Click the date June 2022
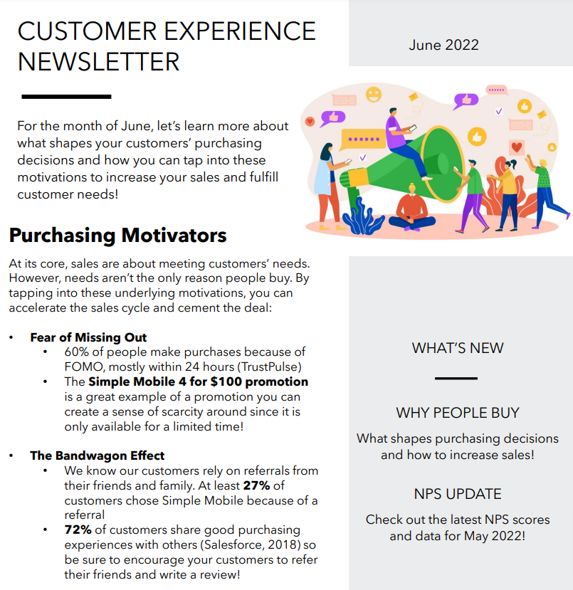(x=443, y=45)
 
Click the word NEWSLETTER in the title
(x=98, y=62)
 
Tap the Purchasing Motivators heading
(x=117, y=236)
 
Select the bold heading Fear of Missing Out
(x=88, y=337)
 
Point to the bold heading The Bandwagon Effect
(x=97, y=455)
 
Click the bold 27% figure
(x=256, y=485)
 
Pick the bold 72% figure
(x=78, y=530)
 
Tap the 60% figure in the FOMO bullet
(x=76, y=352)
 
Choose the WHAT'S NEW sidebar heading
(x=458, y=348)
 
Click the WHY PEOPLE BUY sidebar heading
(x=458, y=413)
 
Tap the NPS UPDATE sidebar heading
(x=458, y=494)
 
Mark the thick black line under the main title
(x=66, y=97)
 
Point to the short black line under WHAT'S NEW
(x=456, y=378)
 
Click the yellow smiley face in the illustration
(x=374, y=95)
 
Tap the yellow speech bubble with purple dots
(x=362, y=139)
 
